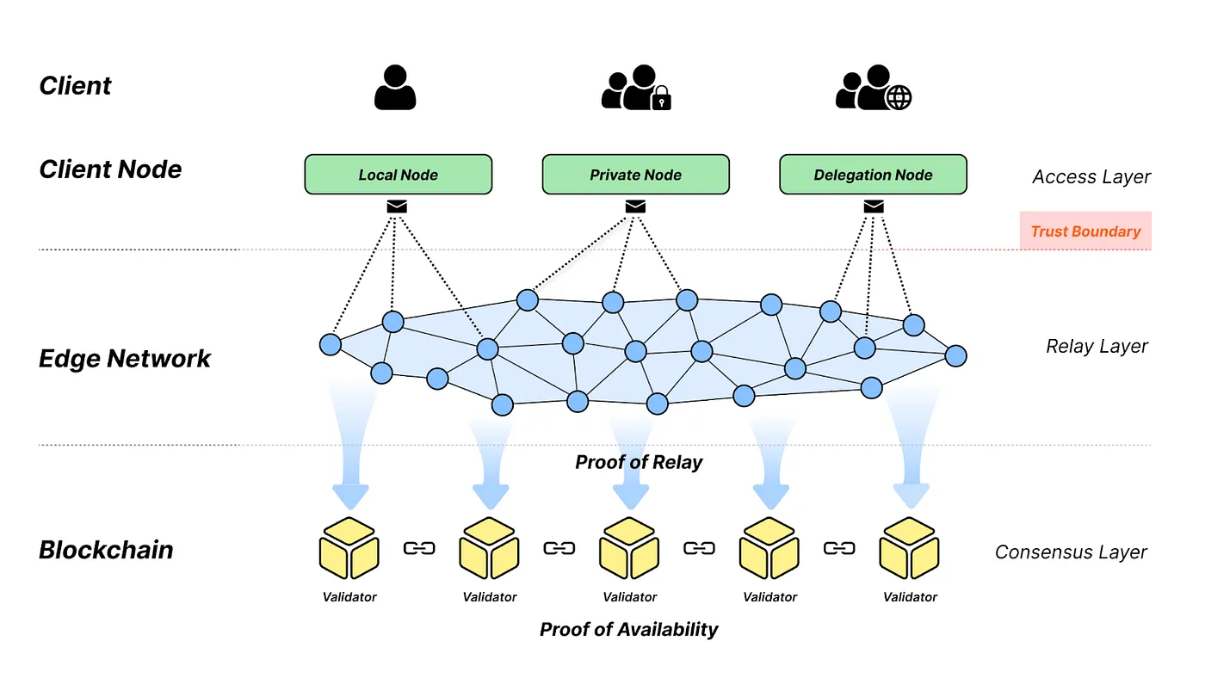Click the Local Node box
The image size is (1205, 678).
[398, 175]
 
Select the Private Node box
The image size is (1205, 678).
[635, 175]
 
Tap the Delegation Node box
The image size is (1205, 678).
[873, 175]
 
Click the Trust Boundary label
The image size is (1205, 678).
[1085, 231]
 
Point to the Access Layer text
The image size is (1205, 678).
[1091, 177]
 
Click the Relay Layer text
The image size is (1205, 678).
[1097, 346]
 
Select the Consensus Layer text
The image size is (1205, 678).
[1071, 552]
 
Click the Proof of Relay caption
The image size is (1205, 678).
[639, 462]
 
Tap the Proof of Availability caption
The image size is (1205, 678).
[628, 629]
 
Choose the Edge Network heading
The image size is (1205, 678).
[125, 358]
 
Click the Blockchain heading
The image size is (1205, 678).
[106, 550]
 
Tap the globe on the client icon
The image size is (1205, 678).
[899, 98]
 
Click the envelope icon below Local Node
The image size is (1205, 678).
[397, 206]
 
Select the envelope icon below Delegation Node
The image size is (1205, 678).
[873, 206]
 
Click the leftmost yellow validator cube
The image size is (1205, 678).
[349, 548]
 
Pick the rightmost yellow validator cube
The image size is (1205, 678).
[909, 548]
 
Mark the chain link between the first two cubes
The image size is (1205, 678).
[419, 548]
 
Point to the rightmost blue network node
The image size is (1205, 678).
[955, 355]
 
